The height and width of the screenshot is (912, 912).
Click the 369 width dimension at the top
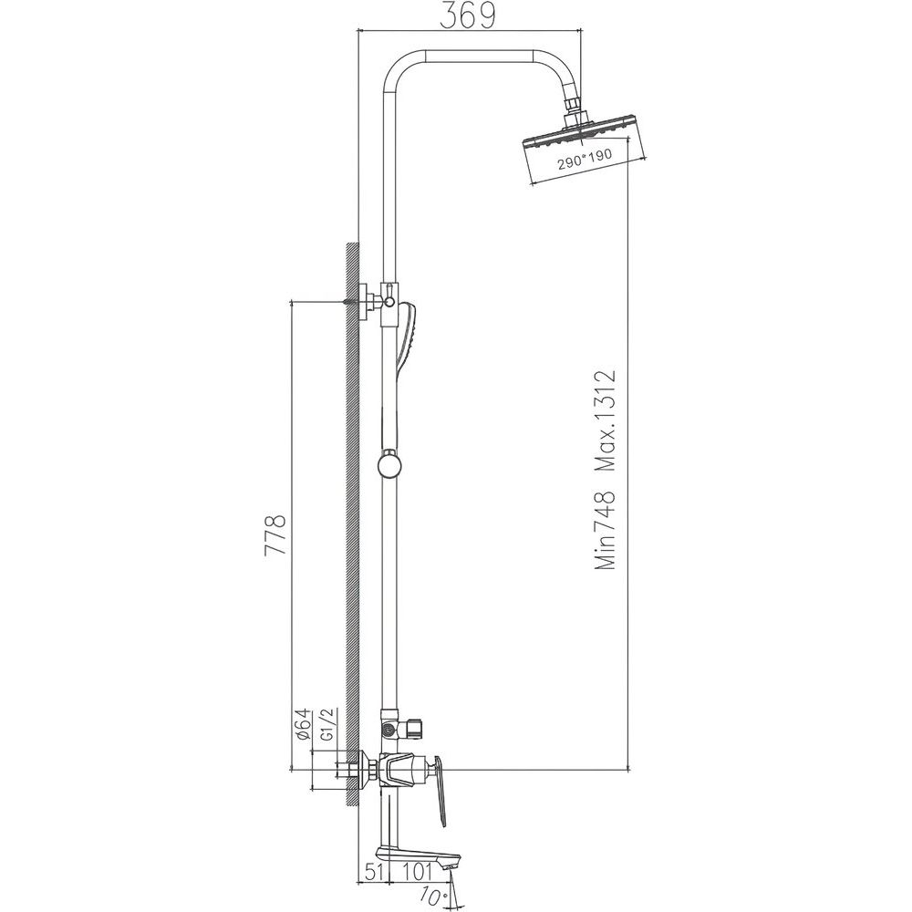coord(468,16)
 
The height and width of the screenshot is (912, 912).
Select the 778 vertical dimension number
coord(275,535)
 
